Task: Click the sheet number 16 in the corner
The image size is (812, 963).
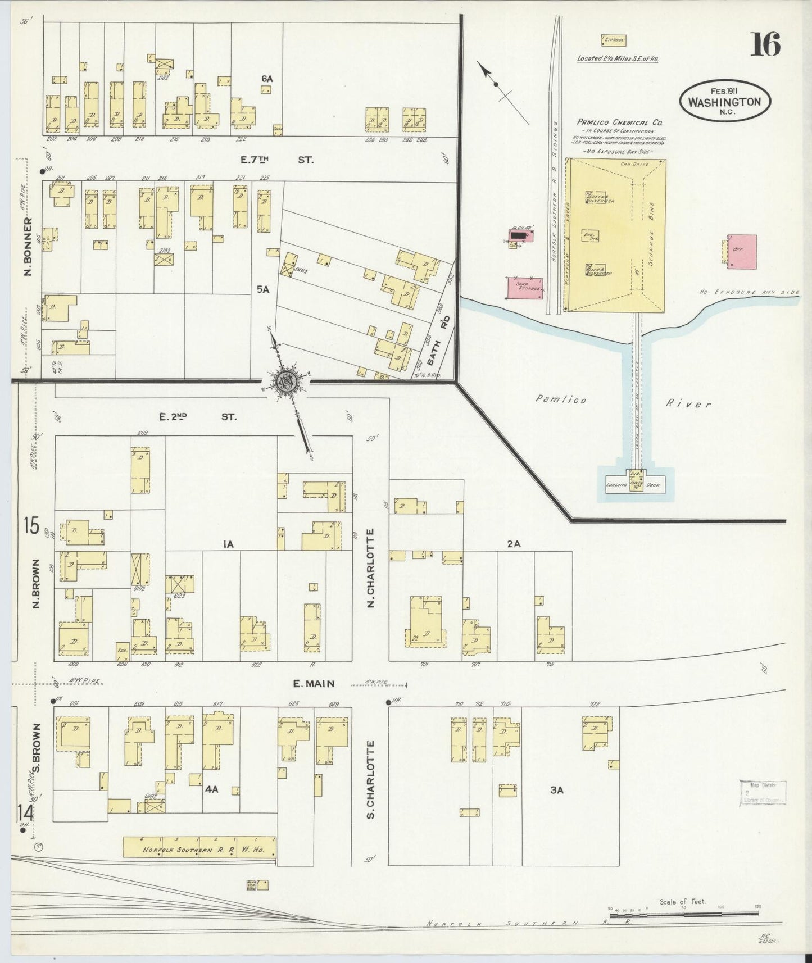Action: pyautogui.click(x=765, y=44)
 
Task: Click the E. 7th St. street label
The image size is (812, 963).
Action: pyautogui.click(x=276, y=160)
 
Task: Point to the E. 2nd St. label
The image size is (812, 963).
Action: pyautogui.click(x=198, y=417)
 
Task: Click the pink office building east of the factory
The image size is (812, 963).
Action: pyautogui.click(x=741, y=251)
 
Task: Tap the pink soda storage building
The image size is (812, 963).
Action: pyautogui.click(x=525, y=287)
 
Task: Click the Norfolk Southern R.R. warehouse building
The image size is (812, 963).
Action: pyautogui.click(x=199, y=846)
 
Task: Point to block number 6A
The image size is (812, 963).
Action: pyautogui.click(x=267, y=79)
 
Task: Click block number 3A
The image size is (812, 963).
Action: pyautogui.click(x=556, y=789)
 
